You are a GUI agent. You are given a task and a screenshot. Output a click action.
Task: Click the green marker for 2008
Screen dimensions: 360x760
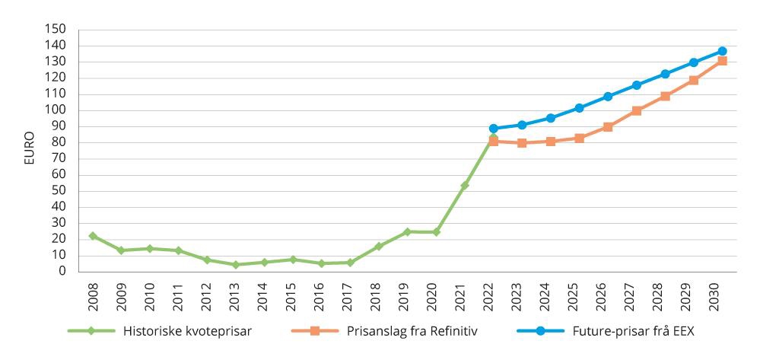(92, 236)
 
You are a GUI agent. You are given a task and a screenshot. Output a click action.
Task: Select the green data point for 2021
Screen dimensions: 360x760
(465, 185)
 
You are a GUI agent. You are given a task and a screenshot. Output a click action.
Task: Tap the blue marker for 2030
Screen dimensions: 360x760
(722, 51)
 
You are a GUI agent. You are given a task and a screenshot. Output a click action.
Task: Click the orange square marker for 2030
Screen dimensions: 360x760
(722, 61)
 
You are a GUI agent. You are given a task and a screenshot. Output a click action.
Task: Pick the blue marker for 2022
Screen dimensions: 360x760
(493, 129)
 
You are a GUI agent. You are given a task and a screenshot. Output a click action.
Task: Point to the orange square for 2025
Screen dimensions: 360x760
(579, 139)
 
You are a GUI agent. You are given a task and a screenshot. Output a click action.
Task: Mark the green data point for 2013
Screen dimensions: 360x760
(235, 265)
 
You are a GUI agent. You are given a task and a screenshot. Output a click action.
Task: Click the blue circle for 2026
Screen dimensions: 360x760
(608, 97)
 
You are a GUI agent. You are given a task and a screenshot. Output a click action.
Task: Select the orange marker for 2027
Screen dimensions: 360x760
(636, 110)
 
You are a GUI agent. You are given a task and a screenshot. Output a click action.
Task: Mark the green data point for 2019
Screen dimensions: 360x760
(407, 231)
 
